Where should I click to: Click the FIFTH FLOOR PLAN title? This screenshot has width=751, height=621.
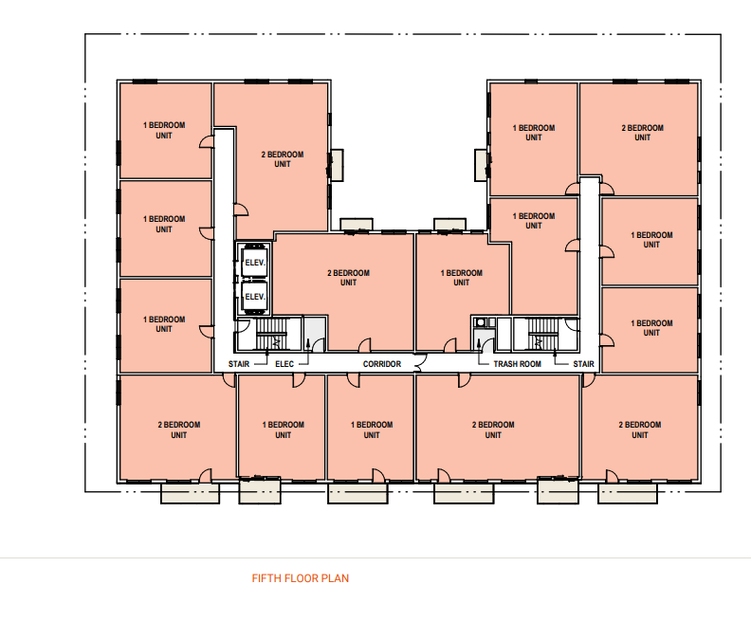[x=301, y=578]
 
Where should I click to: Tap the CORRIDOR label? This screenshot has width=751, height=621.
[x=382, y=364]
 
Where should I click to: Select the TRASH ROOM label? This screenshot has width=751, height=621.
[x=518, y=364]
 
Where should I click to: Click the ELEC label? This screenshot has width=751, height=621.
[x=284, y=364]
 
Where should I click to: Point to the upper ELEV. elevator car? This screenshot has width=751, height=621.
[x=254, y=262]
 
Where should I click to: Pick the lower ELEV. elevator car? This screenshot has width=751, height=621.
[x=254, y=297]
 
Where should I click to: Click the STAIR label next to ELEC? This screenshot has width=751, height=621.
[x=239, y=364]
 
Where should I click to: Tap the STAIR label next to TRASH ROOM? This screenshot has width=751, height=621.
[x=583, y=364]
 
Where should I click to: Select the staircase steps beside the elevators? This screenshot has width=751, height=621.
[x=271, y=334]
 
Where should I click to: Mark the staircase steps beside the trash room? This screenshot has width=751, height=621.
[x=543, y=334]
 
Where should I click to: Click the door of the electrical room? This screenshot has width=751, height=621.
[x=319, y=345]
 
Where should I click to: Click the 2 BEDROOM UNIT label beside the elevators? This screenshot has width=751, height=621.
[x=348, y=278]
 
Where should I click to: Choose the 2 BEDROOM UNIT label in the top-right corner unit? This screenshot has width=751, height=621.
[x=642, y=133]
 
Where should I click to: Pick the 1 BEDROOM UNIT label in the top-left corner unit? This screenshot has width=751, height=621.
[x=164, y=130]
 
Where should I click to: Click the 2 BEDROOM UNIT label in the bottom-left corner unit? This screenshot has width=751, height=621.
[x=178, y=429]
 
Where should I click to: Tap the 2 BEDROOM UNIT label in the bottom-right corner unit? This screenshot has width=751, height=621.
[x=639, y=429]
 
